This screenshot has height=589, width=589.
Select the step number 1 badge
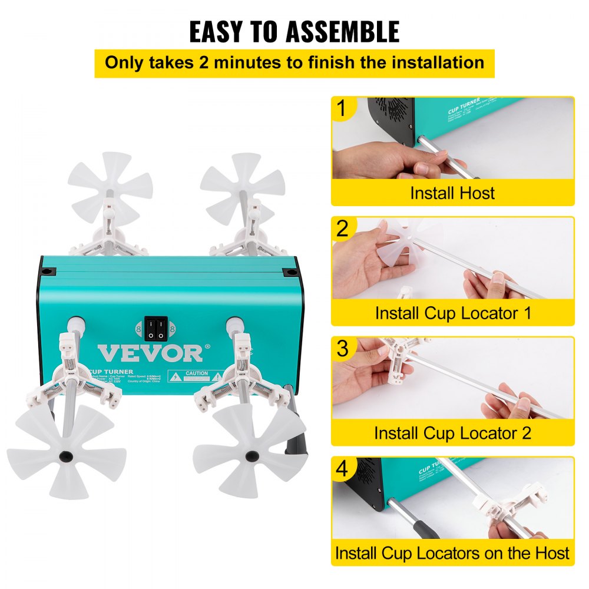[342, 110]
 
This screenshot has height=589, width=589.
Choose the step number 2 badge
[342, 229]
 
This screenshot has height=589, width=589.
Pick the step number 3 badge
[342, 349]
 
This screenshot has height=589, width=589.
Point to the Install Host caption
[452, 193]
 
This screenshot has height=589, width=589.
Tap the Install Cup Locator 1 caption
[452, 313]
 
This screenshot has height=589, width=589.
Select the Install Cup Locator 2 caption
[452, 434]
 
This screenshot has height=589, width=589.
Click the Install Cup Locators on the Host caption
[452, 554]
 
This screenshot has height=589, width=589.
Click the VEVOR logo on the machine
[150, 353]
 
